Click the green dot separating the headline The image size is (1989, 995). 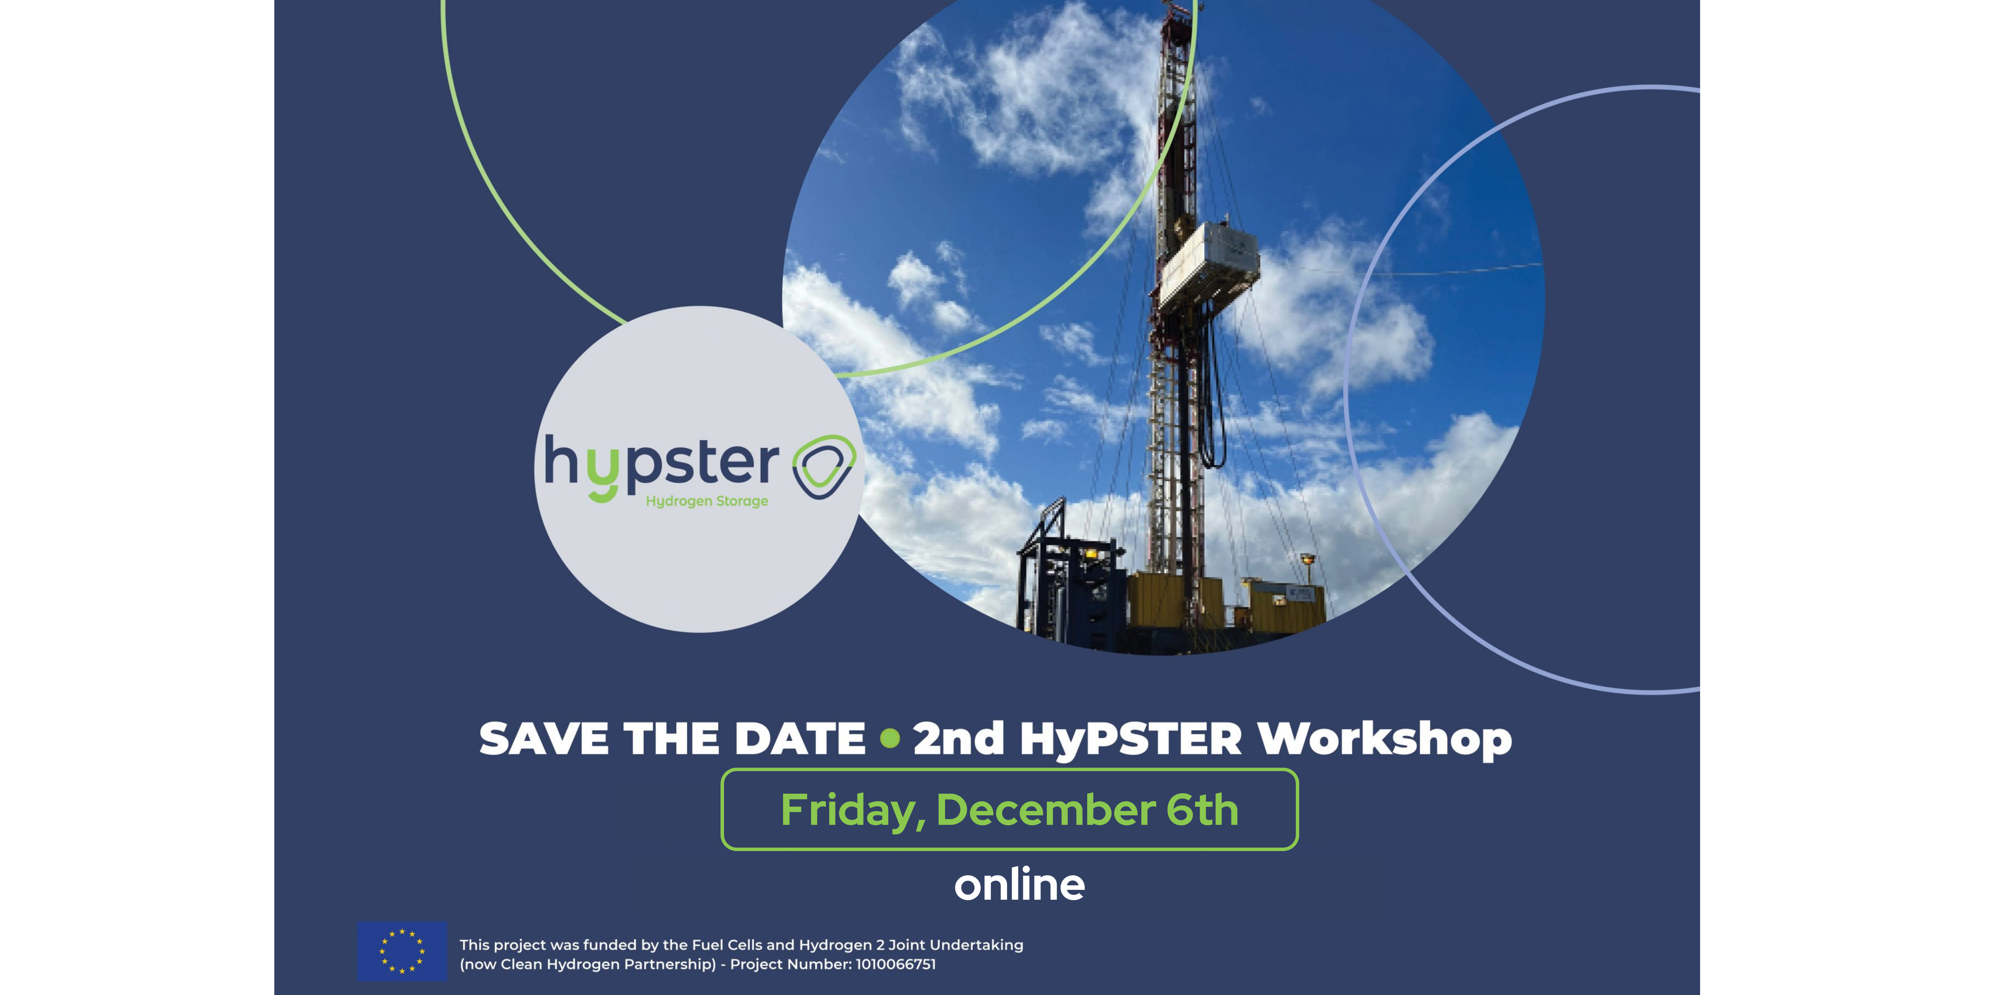point(890,738)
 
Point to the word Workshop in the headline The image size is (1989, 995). point(1384,739)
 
